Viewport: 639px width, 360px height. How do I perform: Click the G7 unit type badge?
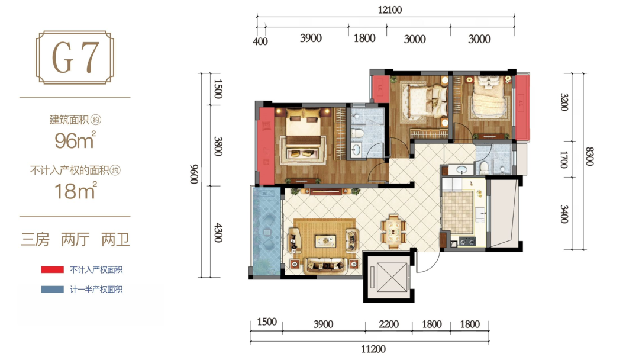(x=75, y=57)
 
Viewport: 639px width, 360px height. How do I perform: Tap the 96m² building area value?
(x=75, y=140)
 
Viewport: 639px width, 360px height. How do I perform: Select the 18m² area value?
(x=76, y=191)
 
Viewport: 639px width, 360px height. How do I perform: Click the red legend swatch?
(x=52, y=269)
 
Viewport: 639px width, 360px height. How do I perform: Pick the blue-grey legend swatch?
(x=52, y=289)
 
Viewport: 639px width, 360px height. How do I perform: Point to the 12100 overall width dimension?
(x=389, y=10)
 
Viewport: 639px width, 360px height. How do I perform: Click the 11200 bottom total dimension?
(x=373, y=349)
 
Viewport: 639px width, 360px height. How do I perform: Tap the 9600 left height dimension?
(x=194, y=174)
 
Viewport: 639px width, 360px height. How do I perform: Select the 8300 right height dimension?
(x=589, y=156)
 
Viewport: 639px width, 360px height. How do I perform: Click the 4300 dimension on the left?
(x=218, y=233)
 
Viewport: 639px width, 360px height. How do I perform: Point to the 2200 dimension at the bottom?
(x=388, y=324)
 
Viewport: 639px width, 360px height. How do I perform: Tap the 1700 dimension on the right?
(x=564, y=159)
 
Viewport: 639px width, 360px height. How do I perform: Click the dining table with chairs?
(x=393, y=231)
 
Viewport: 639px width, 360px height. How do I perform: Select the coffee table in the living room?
(x=325, y=240)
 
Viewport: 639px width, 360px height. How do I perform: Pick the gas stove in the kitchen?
(x=467, y=242)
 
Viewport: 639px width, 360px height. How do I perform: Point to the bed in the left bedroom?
(x=304, y=133)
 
